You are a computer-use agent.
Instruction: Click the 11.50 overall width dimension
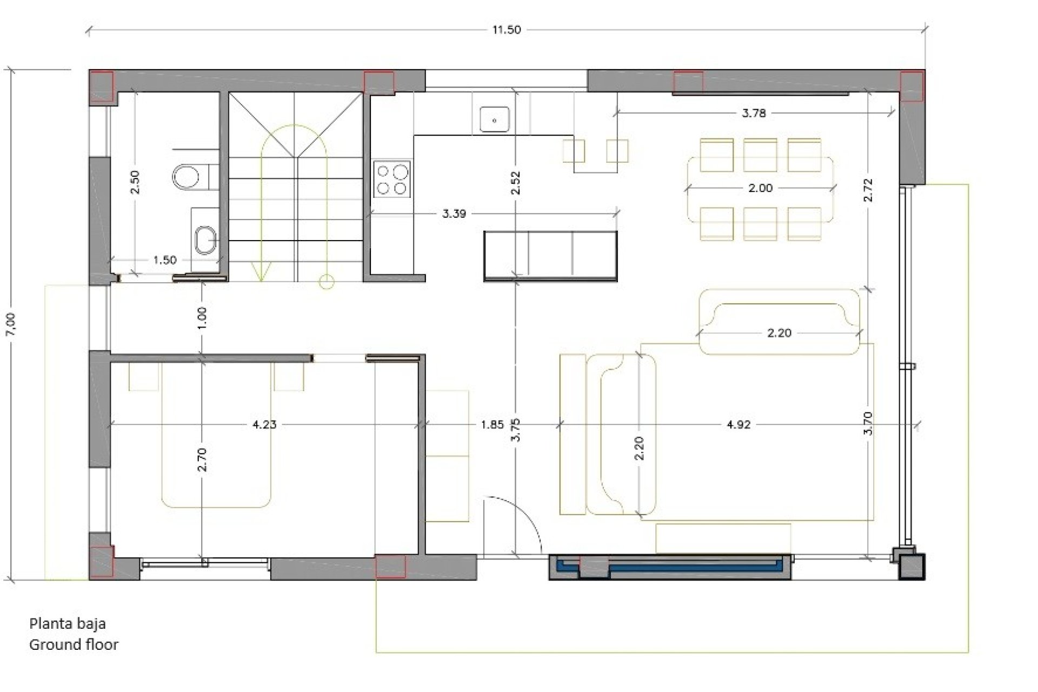coord(506,30)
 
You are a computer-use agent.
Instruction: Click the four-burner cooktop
coord(392,179)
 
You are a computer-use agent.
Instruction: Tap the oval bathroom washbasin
coord(205,239)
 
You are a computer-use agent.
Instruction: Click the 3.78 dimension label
coord(754,113)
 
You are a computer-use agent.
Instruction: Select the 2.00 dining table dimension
coord(760,188)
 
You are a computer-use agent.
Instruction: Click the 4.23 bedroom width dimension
coord(264,424)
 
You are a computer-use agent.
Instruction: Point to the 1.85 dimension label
coord(492,424)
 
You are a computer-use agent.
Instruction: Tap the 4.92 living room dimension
coord(738,424)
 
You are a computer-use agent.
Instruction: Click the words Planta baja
coord(68,624)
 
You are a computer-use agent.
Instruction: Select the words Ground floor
coord(74,644)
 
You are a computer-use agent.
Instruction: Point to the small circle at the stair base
coord(326,282)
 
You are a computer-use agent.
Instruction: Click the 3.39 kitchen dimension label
coord(454,214)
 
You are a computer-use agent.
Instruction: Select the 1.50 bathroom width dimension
coord(165,260)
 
